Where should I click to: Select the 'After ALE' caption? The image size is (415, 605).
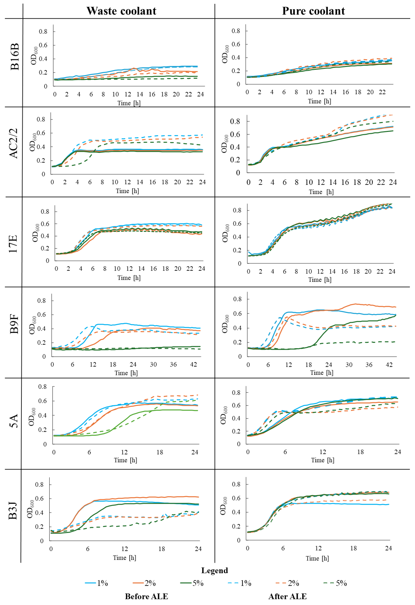288,596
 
